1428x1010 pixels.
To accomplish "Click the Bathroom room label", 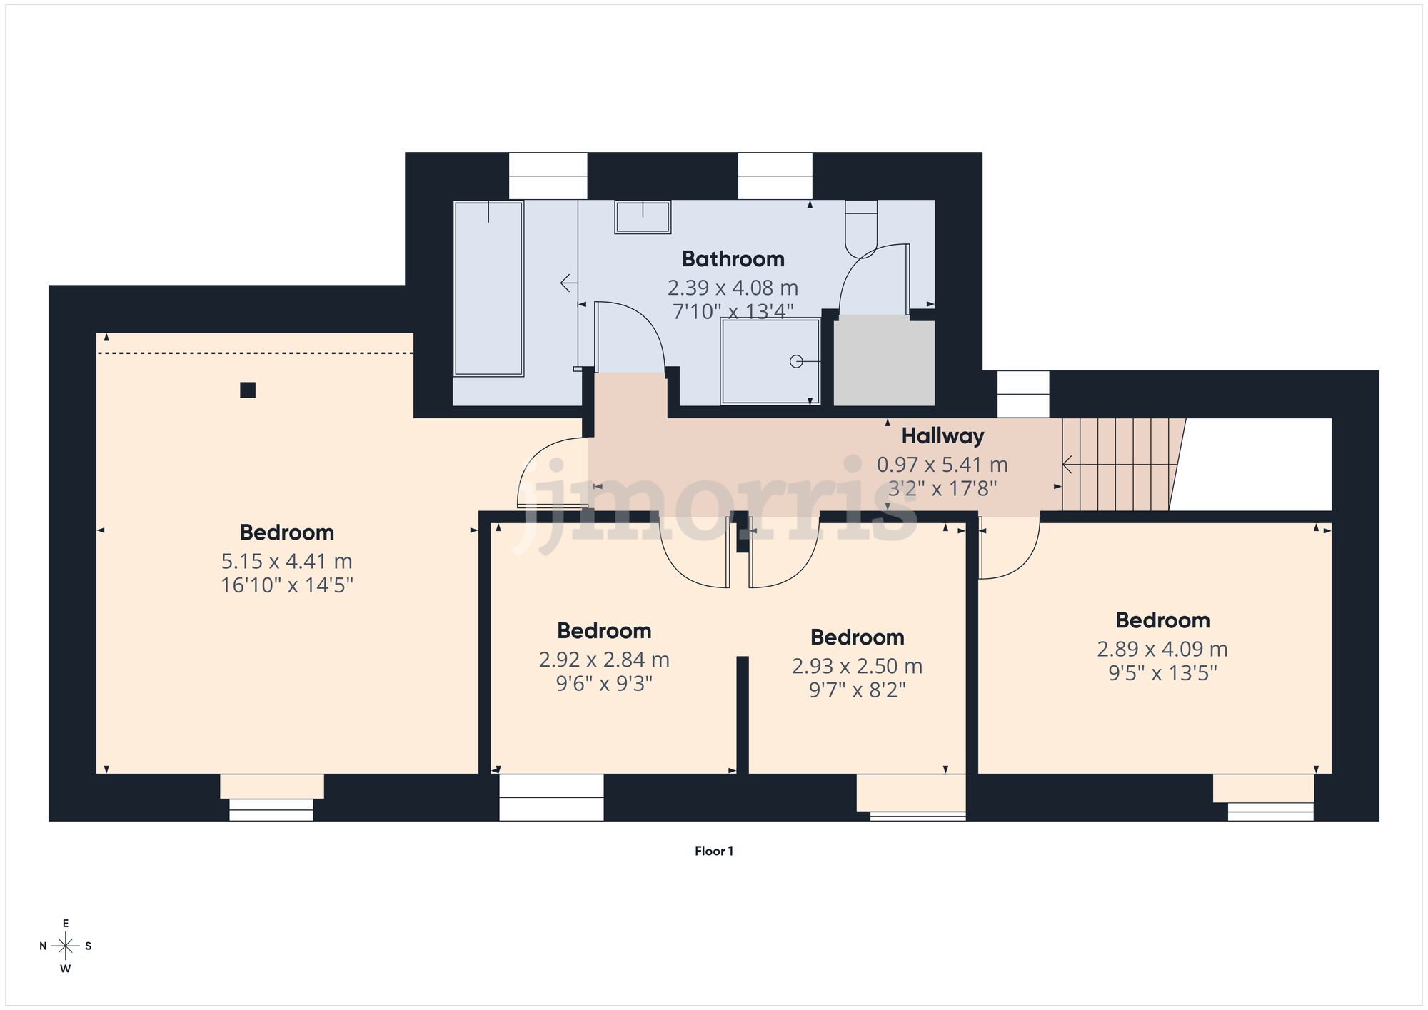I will (x=733, y=258).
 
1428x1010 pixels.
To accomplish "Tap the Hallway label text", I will (x=942, y=435).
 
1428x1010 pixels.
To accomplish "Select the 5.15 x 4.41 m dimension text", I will (x=286, y=561).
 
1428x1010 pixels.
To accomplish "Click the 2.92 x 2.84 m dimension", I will (x=604, y=660).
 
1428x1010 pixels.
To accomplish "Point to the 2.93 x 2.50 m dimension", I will (x=857, y=666).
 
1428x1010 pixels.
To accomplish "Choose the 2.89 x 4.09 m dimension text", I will (x=1162, y=649).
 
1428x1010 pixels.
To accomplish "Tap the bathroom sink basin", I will (x=643, y=217).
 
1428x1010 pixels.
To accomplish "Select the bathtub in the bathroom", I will (x=489, y=288).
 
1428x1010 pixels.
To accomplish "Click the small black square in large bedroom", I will (x=248, y=390).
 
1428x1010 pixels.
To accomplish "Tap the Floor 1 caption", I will (x=713, y=851).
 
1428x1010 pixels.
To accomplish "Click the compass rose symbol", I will (x=66, y=946).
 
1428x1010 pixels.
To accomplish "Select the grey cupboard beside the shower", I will (x=884, y=363).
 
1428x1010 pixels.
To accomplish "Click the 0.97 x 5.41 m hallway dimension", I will (x=942, y=465).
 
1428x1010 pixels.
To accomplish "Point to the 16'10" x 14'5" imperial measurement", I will (x=286, y=585).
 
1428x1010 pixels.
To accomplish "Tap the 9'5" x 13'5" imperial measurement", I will (x=1162, y=673).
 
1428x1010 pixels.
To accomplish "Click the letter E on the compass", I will (x=66, y=924).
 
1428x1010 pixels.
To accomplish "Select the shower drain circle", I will (x=796, y=362).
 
